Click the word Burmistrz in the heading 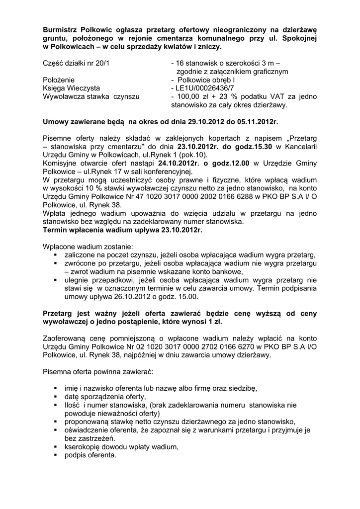coord(60,29)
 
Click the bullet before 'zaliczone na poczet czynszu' coord(55,254)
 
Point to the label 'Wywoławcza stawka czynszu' coord(92,96)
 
